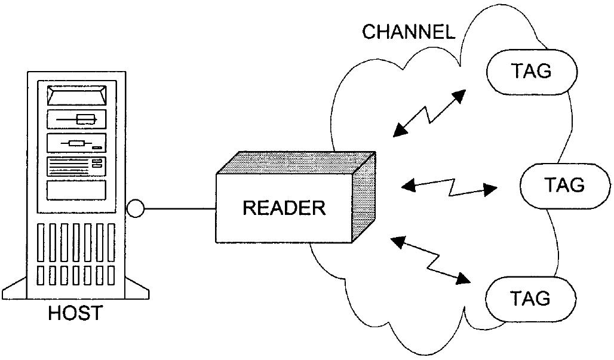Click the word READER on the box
(284, 208)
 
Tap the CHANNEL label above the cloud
(409, 32)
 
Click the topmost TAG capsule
(532, 71)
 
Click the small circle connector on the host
(136, 208)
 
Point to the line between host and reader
(179, 208)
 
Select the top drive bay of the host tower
(76, 96)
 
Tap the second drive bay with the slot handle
(76, 119)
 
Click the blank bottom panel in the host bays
(76, 189)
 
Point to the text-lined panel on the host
(76, 166)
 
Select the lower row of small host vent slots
(76, 275)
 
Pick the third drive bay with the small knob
(76, 143)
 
